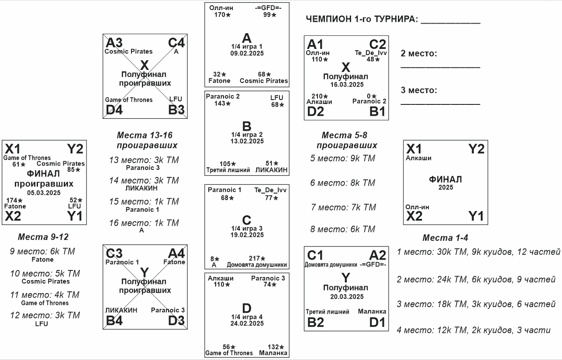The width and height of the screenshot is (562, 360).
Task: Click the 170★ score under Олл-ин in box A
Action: point(222,15)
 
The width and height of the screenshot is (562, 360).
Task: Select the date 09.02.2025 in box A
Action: point(247,53)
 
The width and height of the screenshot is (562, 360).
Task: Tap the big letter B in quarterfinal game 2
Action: point(247,127)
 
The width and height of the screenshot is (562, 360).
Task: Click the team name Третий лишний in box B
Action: point(228,170)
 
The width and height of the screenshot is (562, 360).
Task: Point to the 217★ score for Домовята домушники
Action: point(257,259)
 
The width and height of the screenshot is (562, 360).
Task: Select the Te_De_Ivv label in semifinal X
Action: point(371,53)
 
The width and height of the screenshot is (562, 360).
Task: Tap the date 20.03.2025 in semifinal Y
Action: point(346,297)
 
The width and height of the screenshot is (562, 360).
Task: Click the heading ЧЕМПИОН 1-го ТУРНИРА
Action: point(362,20)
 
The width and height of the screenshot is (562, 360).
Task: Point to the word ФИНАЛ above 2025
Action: point(445,180)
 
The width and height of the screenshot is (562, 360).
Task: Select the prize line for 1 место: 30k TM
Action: point(479,252)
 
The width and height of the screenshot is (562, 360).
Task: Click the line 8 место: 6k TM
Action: point(343,229)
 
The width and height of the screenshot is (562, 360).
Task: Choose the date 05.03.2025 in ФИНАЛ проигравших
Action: point(43,192)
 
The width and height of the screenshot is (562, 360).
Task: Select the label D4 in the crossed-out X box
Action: point(114,110)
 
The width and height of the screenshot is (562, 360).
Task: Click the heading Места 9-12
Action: point(43,237)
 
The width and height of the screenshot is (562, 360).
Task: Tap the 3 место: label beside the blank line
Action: point(419,90)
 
